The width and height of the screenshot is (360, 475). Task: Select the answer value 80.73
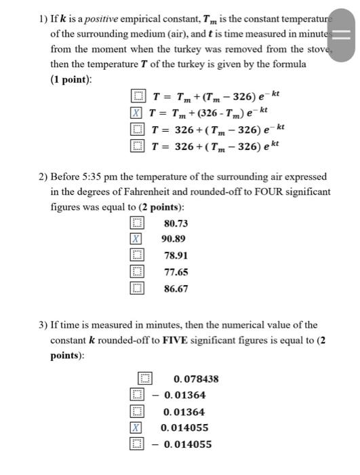tap(176, 223)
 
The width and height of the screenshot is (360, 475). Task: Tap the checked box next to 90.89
tap(137, 239)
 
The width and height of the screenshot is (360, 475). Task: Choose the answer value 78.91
tap(176, 255)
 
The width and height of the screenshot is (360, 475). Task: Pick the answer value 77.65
tap(176, 272)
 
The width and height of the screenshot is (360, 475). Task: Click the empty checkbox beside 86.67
tap(137, 288)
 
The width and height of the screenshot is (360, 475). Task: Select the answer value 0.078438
tap(196, 379)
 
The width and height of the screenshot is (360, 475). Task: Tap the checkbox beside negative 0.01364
tap(137, 395)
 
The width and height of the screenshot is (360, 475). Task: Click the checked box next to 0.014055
tap(137, 428)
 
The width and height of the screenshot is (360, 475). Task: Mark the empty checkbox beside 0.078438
tap(144, 379)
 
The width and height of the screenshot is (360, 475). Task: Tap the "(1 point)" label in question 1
tap(71, 79)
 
